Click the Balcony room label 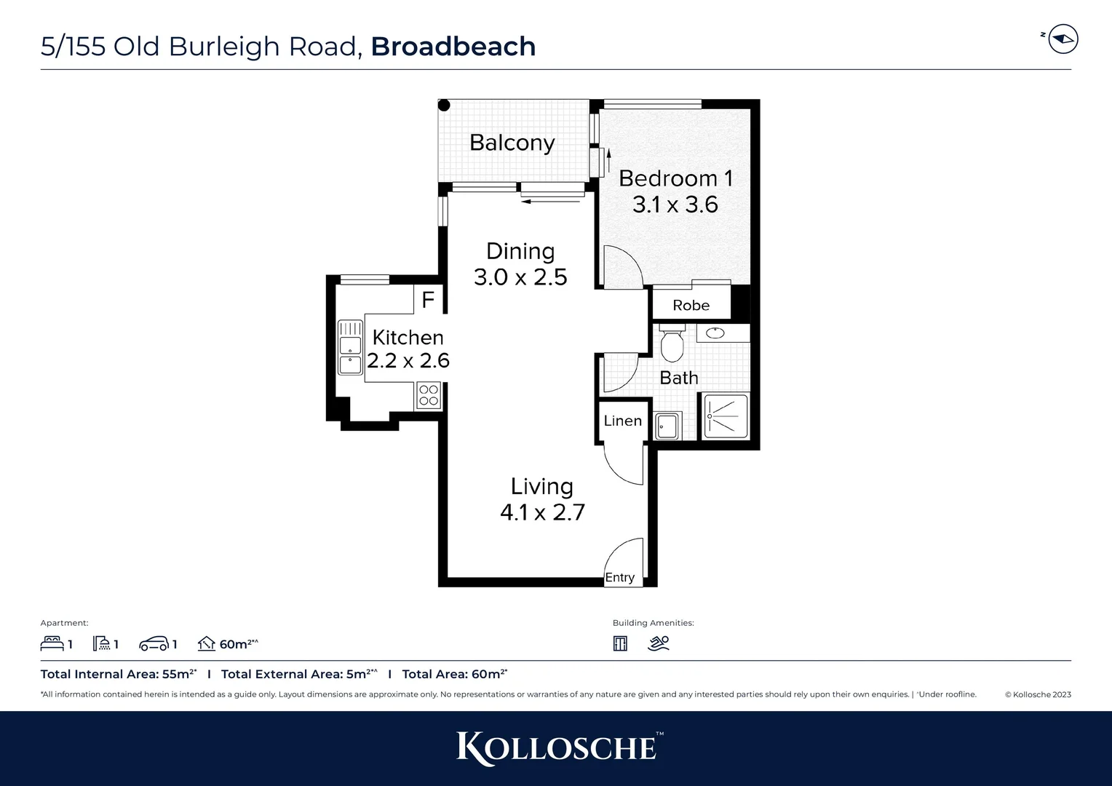coord(512,143)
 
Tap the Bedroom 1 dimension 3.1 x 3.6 coord(675,205)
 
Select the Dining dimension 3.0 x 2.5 coord(520,277)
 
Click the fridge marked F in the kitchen coord(428,299)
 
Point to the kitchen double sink coord(350,348)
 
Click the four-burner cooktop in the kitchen coord(429,396)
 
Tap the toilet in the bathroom coord(671,344)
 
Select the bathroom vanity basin coord(716,333)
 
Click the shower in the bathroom coord(726,417)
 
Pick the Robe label coord(691,306)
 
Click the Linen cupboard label coord(622,421)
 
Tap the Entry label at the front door coord(620,578)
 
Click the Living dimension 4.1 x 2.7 coord(542,512)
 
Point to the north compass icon coord(1063,39)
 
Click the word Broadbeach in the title coord(453,47)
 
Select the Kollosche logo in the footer coord(556,748)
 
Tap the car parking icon coord(154,644)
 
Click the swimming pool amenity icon coord(659,643)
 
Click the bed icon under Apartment coord(52,643)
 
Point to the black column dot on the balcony coord(444,106)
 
